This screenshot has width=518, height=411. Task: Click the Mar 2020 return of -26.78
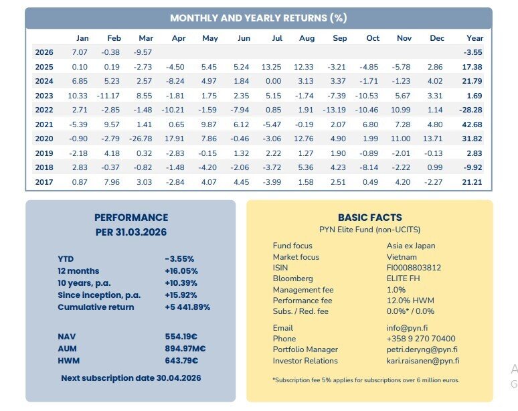coord(141,139)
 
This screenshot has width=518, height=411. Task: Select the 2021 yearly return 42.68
coord(472,125)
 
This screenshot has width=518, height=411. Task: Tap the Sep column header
coord(339,38)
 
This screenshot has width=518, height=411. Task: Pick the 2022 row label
coord(44,110)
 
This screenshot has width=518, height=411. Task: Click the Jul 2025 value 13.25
coord(271,67)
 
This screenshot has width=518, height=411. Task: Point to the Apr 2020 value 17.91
coord(175,139)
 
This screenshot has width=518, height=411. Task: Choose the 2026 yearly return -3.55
coord(472,52)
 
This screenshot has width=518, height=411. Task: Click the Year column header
coord(474,38)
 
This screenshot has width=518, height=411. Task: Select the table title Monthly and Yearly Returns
coord(259,18)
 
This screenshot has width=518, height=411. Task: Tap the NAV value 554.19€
coord(181,337)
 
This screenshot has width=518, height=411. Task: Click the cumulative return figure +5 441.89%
coord(187,307)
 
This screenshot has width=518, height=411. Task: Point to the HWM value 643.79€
coord(181,360)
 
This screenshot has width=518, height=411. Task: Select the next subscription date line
coord(131,378)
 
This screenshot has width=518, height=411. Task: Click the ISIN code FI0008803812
coord(414,268)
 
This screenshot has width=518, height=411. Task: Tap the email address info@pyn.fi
coord(407,328)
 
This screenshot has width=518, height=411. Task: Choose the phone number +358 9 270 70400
coord(421,339)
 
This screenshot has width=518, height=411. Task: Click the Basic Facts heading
coord(370,218)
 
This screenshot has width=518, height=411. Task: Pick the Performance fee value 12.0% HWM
coord(410,301)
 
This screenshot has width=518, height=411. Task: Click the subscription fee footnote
coord(366,380)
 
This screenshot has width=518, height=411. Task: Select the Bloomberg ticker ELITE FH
coord(403,278)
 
